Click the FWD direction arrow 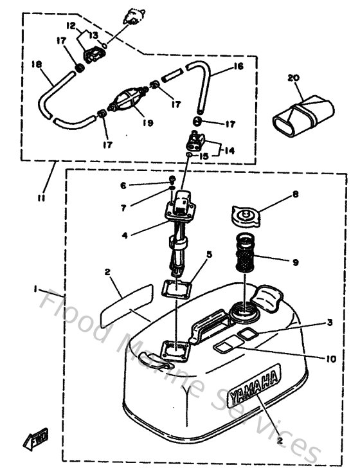(x=32, y=441)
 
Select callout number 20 (x=294, y=78)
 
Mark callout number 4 (x=125, y=235)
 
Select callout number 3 (x=330, y=323)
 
